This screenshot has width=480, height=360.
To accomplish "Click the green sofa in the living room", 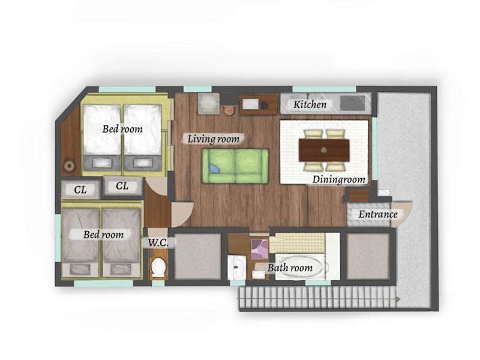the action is (x=235, y=166).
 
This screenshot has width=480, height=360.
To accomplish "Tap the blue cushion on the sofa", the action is (x=214, y=169).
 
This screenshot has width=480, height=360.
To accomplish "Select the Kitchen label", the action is (x=310, y=104).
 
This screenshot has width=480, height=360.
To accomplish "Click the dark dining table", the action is (x=324, y=150).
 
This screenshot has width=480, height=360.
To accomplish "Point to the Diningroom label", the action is (x=338, y=179).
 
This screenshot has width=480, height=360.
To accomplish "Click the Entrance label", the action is (x=378, y=214).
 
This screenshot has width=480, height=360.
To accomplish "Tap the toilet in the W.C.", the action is (x=158, y=267).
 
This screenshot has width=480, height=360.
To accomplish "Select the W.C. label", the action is (x=158, y=243).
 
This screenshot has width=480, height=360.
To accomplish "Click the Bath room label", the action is (x=290, y=268).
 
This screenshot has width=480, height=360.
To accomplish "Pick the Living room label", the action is (x=214, y=139).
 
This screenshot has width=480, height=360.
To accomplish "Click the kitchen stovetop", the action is (x=352, y=103).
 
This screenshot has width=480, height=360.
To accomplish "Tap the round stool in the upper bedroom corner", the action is (x=69, y=166).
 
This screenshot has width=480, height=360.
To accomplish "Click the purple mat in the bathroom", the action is (x=260, y=249).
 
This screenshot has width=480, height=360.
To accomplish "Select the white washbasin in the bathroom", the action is (x=236, y=267).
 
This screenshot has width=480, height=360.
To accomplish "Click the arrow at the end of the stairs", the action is (x=398, y=299).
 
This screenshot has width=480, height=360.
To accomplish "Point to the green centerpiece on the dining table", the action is (x=324, y=150).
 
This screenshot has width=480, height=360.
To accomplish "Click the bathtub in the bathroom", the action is (x=300, y=266).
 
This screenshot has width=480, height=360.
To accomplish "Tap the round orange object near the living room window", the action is (x=228, y=110).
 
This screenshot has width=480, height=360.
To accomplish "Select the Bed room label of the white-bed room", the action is (x=122, y=129).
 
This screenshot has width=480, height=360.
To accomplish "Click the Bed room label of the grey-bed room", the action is (x=103, y=235).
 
